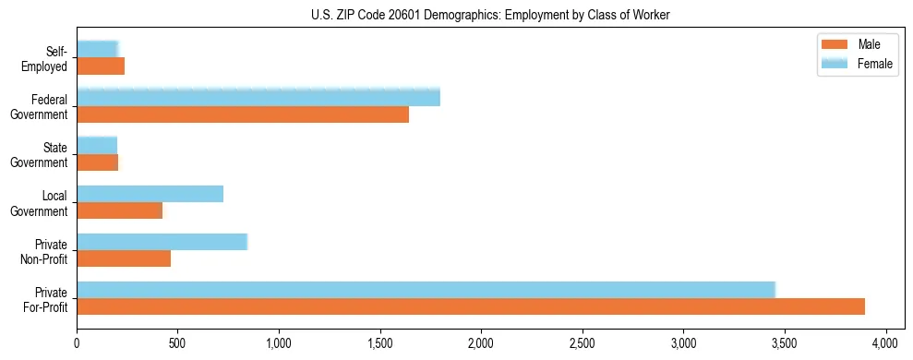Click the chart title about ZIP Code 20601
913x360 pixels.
pos(456,15)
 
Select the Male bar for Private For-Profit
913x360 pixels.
pos(471,306)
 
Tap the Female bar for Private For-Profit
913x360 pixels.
pos(426,289)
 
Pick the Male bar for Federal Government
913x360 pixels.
pos(243,114)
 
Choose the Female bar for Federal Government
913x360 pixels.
pos(258,97)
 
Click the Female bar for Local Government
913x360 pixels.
pos(150,193)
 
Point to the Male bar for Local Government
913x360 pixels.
pos(119,210)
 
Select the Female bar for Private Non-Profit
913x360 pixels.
pos(162,241)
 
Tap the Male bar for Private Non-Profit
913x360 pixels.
pos(124,258)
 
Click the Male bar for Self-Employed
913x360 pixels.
pos(101,66)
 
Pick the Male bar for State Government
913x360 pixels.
pos(97,162)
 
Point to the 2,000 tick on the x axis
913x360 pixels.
pos(481,339)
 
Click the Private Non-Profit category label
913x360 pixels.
pos(46,249)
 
